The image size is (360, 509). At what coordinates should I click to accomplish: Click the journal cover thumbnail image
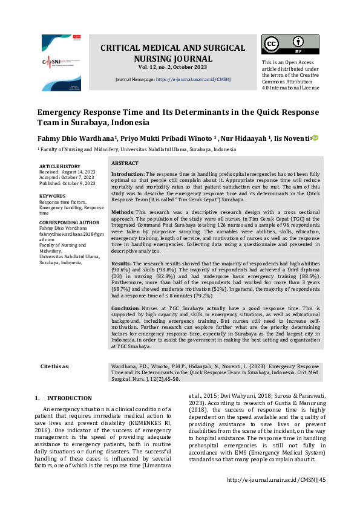pyautogui.click(x=61, y=63)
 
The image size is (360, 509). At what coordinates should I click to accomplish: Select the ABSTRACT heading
pyautogui.click(x=125, y=163)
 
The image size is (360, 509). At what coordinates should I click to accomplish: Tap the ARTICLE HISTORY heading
pyautogui.click(x=59, y=166)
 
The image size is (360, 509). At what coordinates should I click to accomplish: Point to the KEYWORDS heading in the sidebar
pyautogui.click(x=52, y=196)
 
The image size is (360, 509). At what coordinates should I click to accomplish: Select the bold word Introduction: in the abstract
pyautogui.click(x=128, y=173)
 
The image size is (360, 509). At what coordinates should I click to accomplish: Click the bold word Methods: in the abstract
pyautogui.click(x=123, y=213)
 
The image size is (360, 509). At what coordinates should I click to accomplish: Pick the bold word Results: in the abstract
pyautogui.click(x=122, y=264)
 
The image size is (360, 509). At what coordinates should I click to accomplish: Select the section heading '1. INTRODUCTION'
pyautogui.click(x=64, y=398)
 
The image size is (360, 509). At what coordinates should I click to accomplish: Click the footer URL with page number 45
pyautogui.click(x=275, y=480)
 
